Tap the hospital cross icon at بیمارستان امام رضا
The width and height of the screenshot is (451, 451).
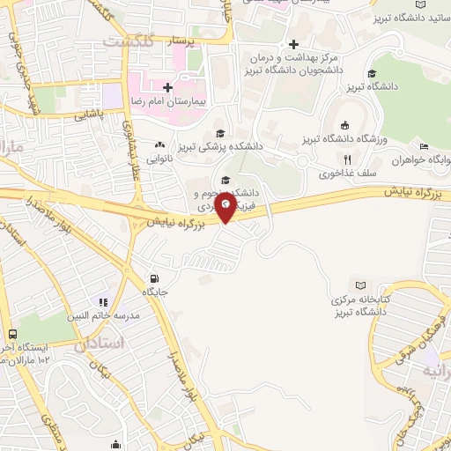coord(167,87)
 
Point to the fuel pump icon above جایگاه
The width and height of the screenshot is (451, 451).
coord(155,277)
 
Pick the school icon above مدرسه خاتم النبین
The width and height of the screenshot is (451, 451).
coord(104,303)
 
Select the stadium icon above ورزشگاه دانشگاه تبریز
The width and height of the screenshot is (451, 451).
coord(344,124)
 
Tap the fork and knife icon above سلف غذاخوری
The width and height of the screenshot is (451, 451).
coord(347,160)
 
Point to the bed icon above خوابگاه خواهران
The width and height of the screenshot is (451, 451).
coord(424,146)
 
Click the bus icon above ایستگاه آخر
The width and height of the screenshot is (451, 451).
coord(12,335)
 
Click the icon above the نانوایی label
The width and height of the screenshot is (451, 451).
coord(159,145)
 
